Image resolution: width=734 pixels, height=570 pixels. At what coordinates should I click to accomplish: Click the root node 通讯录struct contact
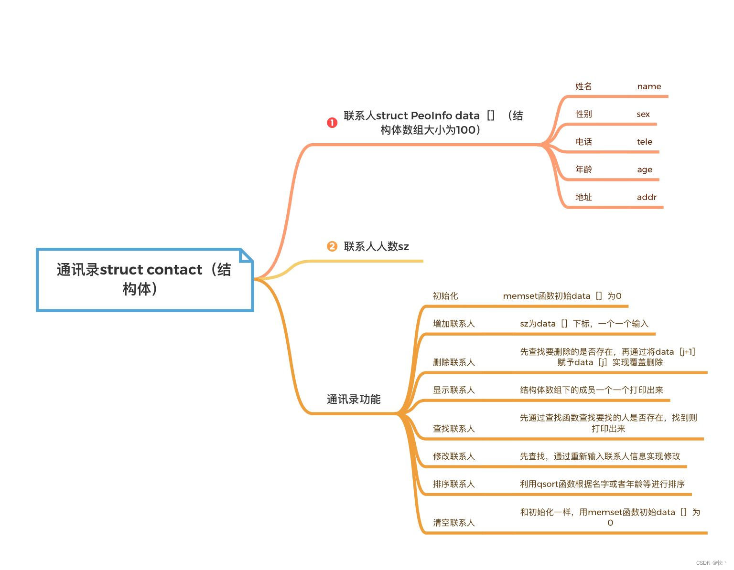[x=144, y=279]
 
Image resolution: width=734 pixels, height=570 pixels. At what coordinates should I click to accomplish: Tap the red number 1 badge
[x=332, y=123]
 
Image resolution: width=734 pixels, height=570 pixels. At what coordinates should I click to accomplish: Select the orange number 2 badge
[x=332, y=246]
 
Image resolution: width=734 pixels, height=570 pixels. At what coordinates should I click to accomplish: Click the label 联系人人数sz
[x=376, y=246]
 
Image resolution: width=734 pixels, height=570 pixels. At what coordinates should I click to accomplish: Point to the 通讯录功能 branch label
[x=354, y=399]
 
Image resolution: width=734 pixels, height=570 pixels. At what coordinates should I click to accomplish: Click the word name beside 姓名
[x=649, y=86]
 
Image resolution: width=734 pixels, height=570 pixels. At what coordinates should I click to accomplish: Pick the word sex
[x=643, y=114]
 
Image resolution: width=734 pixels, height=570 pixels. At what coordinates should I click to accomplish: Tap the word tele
[x=644, y=142]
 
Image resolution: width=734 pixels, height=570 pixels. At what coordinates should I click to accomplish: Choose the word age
[x=644, y=169]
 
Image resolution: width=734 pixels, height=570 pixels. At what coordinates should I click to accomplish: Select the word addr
[x=647, y=197]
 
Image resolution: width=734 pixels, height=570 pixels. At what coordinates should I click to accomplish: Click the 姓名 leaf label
[x=583, y=86]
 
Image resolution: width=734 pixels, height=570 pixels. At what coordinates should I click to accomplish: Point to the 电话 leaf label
[x=583, y=142]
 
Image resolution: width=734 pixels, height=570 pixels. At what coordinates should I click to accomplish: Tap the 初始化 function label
[x=445, y=296]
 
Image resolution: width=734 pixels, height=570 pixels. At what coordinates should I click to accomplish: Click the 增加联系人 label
[x=453, y=324]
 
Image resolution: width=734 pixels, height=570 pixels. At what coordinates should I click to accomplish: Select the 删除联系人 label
[x=453, y=362]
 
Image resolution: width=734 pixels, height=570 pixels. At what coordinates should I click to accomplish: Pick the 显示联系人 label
[x=453, y=390]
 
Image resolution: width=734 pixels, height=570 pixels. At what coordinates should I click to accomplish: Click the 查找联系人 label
[x=453, y=429]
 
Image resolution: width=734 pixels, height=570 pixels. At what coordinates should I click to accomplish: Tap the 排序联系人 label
[x=453, y=484]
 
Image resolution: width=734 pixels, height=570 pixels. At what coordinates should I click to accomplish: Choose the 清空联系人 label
[x=453, y=523]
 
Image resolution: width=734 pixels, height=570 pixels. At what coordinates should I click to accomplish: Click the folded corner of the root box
[x=246, y=255]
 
